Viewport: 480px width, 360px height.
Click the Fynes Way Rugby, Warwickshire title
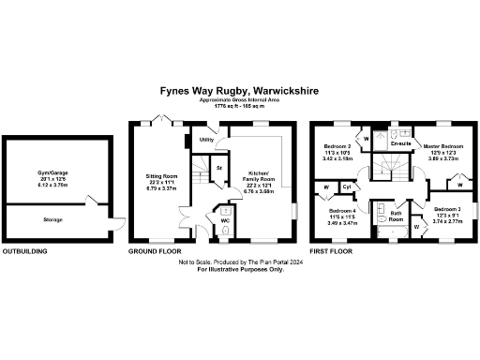point(239,91)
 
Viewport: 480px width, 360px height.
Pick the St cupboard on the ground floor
point(218,169)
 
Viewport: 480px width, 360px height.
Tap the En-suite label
point(401,143)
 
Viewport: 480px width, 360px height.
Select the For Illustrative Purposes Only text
point(239,271)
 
